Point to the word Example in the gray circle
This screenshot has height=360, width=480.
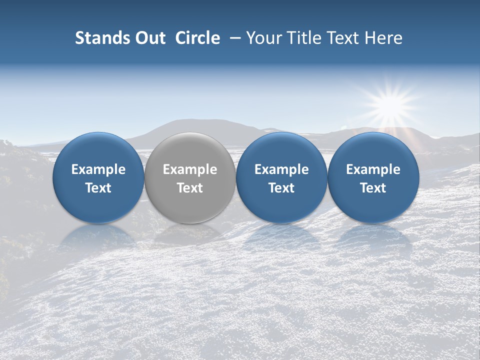[x=190, y=169]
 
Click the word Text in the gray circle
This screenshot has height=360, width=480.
[x=190, y=188]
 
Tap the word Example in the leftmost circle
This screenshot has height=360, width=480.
[x=98, y=169]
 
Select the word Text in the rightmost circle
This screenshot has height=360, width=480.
[x=373, y=188]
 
